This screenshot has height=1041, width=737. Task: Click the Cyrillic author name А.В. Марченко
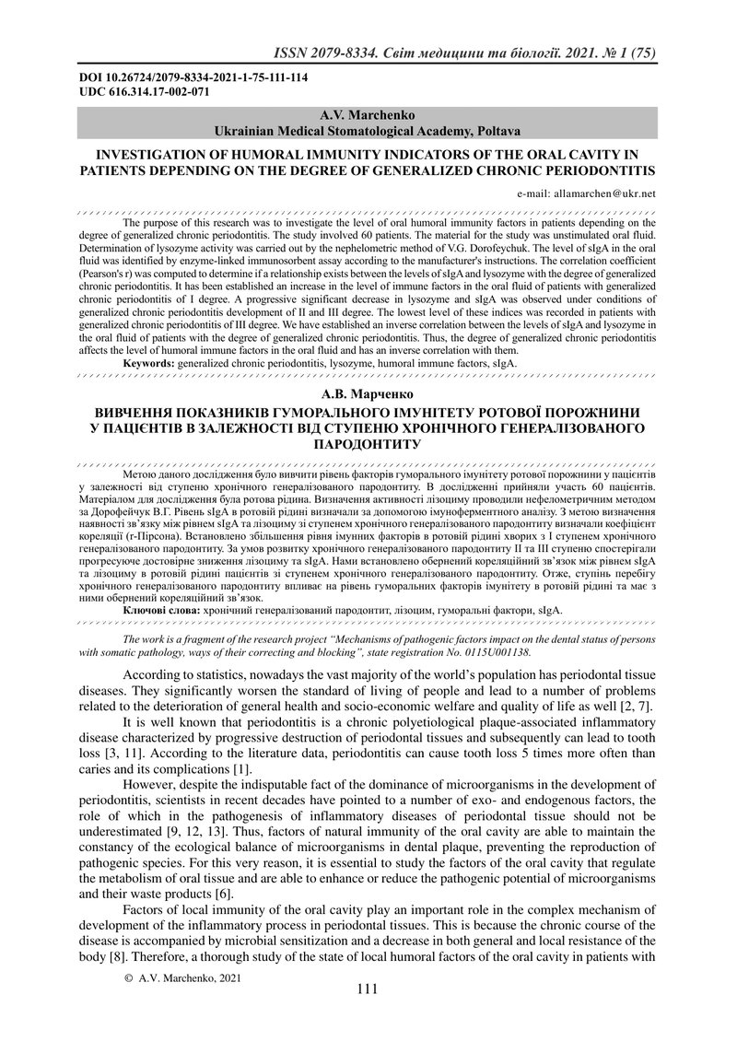click(x=368, y=392)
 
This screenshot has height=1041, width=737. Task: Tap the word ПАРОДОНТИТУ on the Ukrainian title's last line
click(x=368, y=444)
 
